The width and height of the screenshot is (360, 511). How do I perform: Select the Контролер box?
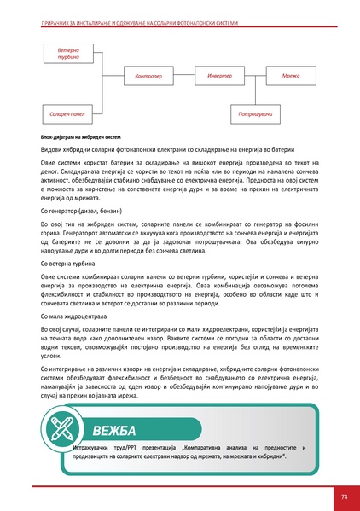click(x=149, y=76)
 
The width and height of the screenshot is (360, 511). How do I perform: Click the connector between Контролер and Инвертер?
click(x=184, y=76)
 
